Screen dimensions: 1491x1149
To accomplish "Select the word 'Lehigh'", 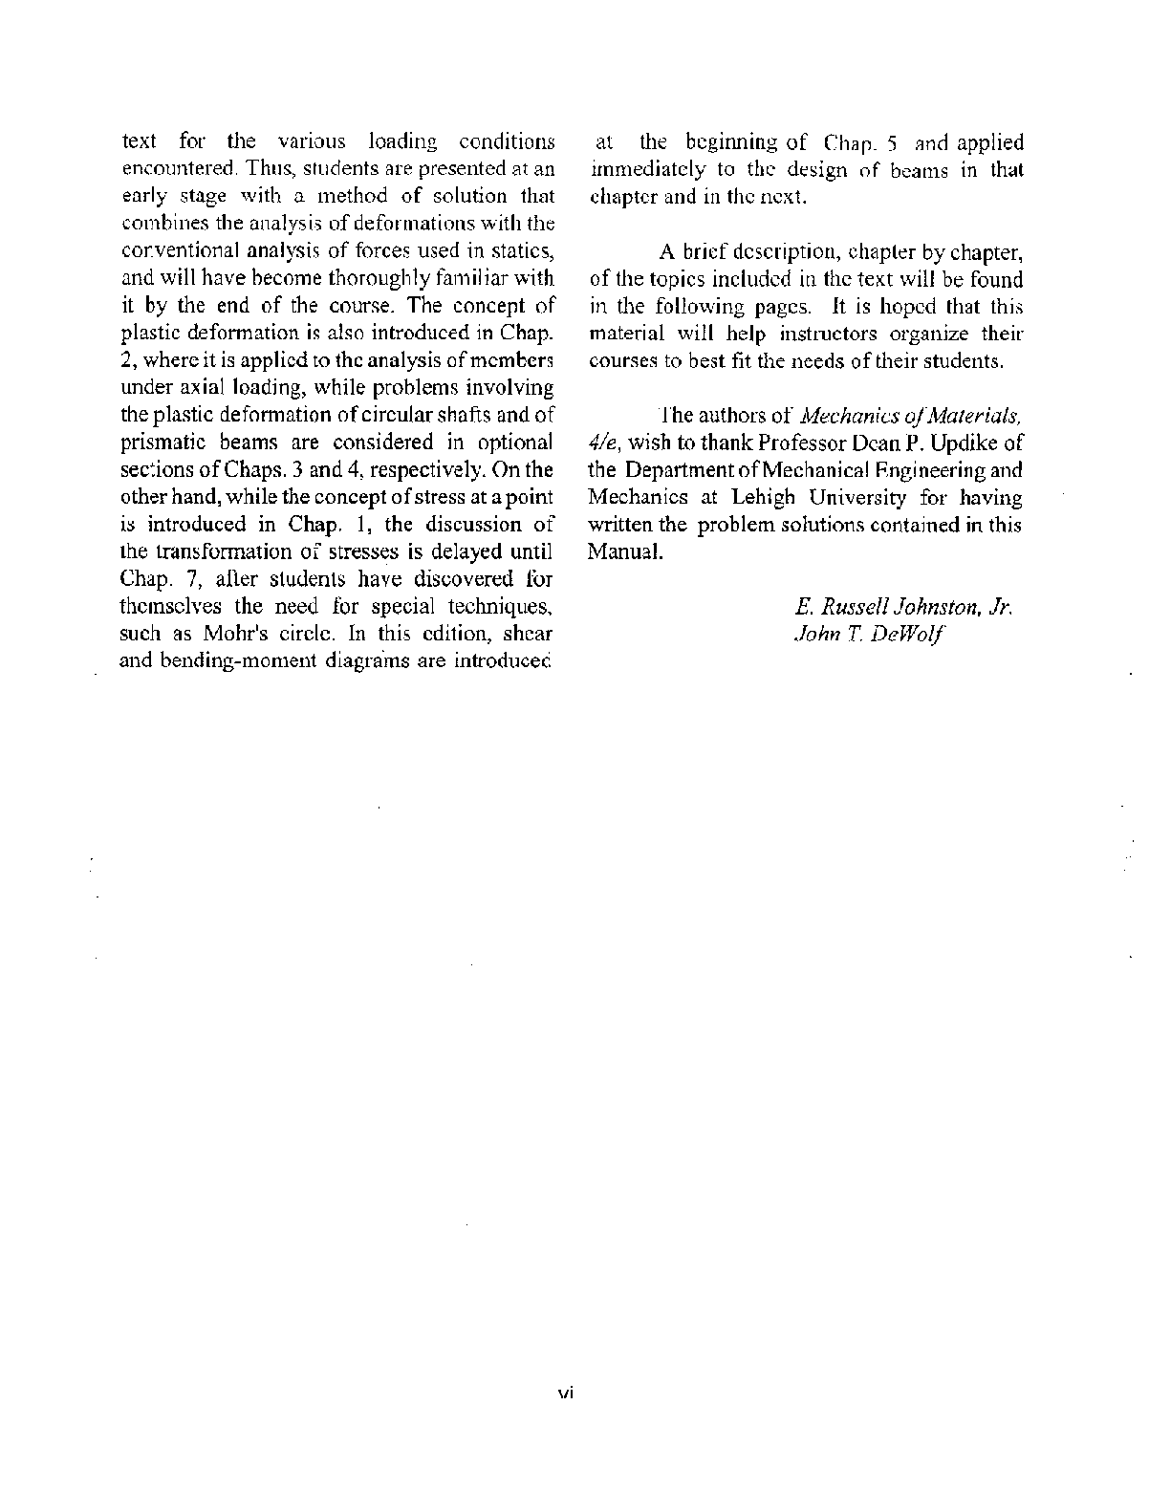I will point(770,498).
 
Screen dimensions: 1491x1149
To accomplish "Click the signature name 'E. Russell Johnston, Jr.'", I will point(903,607).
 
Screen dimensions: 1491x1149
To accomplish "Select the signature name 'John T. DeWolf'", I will point(870,634).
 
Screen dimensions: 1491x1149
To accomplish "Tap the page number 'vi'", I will point(564,1394).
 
